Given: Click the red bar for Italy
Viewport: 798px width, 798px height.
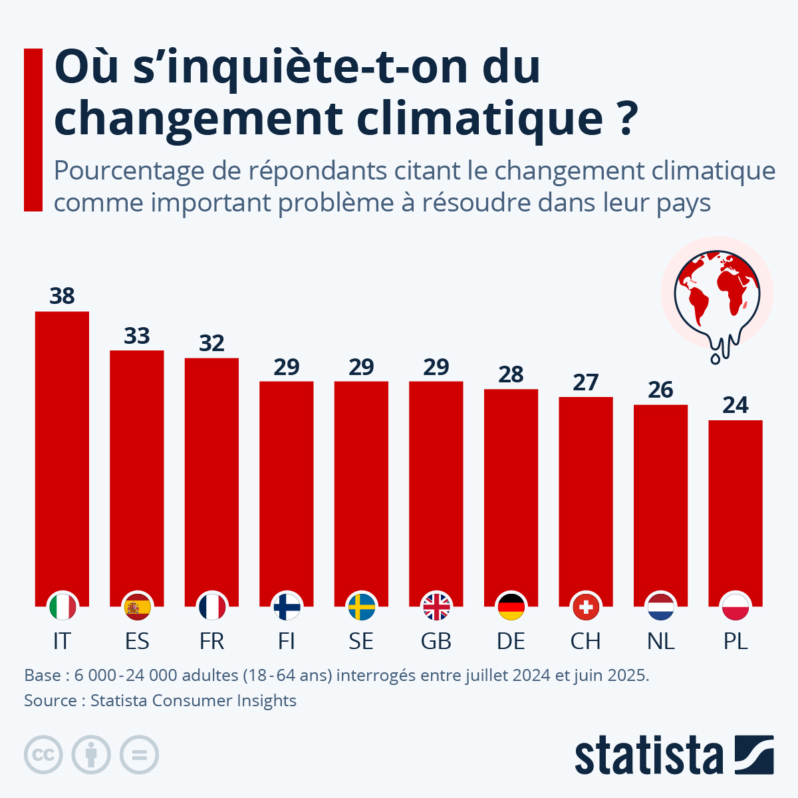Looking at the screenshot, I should (x=62, y=452).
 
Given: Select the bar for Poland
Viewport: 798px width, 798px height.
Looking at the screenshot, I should (x=735, y=505).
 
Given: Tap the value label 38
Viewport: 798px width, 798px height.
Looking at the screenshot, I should (x=62, y=296).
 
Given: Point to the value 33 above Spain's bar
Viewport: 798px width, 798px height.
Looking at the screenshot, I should (x=137, y=336).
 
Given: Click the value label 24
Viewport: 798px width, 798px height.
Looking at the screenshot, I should (x=735, y=405).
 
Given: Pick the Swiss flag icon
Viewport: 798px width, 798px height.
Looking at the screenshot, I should (x=585, y=606).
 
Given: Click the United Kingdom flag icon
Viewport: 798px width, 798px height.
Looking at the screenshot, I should (x=436, y=606).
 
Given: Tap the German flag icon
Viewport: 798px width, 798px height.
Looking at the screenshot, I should (x=511, y=606).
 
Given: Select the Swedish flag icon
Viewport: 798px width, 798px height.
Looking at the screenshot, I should (x=361, y=606).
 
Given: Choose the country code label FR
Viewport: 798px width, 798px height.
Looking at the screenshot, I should (x=211, y=641).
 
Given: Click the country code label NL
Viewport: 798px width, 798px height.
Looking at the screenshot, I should (x=660, y=641).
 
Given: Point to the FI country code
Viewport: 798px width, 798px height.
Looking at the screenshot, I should (x=287, y=641).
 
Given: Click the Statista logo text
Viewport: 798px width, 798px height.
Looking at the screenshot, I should (x=648, y=755).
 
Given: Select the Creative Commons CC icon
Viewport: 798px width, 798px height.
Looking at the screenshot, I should (x=43, y=755).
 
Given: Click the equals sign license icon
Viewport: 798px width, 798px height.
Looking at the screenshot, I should (x=139, y=755).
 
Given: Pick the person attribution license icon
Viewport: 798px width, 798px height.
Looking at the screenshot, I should (x=91, y=755).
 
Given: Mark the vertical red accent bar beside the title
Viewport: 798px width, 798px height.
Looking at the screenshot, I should (x=33, y=130).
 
